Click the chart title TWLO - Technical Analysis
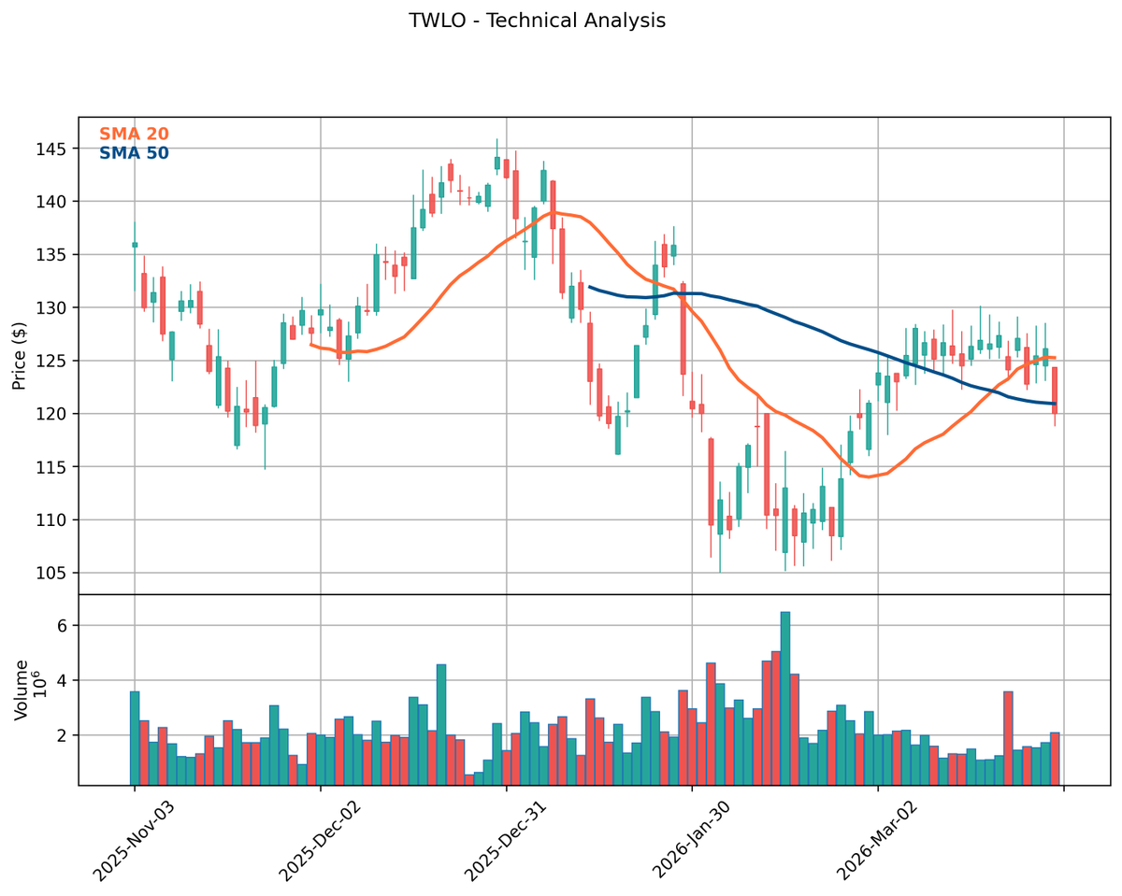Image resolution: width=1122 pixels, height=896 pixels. (x=537, y=21)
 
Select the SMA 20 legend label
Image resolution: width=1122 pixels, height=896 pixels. (x=134, y=135)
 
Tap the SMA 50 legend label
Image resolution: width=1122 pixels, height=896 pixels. (x=134, y=153)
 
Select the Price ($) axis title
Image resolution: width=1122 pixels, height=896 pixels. (x=20, y=355)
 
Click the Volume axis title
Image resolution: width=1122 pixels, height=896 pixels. (x=21, y=690)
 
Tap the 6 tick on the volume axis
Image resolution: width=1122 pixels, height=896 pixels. (x=63, y=626)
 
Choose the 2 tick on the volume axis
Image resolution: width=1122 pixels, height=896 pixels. (x=63, y=736)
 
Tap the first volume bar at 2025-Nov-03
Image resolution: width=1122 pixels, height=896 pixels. (x=135, y=738)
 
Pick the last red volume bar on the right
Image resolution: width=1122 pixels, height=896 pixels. (x=1055, y=759)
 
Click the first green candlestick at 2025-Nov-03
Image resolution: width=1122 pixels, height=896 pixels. (x=135, y=245)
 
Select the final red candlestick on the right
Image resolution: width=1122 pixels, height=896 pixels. (x=1055, y=391)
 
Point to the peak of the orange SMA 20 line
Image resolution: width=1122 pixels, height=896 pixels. (x=554, y=212)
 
